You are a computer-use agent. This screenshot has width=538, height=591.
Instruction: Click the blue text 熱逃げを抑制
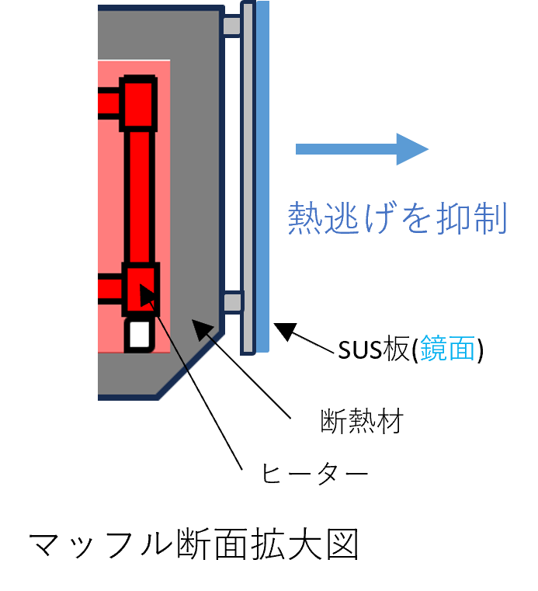397,218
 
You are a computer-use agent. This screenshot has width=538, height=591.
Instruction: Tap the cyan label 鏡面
447,349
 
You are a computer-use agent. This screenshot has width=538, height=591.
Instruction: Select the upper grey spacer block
231,26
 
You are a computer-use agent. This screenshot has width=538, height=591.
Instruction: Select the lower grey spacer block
232,302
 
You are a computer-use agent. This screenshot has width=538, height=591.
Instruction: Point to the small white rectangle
140,334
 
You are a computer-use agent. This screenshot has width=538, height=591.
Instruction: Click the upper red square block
139,103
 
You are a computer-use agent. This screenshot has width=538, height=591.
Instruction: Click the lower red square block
141,288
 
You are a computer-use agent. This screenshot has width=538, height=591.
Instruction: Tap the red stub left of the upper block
108,103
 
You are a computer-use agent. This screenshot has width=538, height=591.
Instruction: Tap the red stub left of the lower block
109,289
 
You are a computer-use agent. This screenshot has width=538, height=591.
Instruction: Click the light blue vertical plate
262,177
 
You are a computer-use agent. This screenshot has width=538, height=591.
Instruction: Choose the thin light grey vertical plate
248,177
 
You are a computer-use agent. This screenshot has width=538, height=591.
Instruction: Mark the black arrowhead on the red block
148,296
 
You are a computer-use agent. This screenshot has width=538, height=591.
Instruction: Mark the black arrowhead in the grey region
203,329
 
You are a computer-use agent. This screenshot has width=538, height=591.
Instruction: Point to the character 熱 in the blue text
305,218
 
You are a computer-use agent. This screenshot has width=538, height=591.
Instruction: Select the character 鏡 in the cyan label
433,349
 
